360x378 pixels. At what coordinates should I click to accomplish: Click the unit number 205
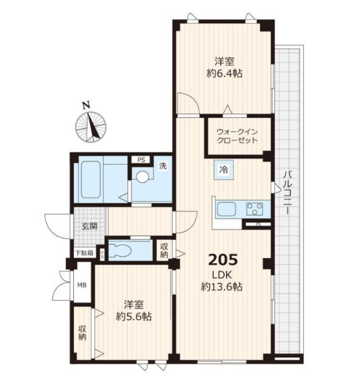coord(223,260)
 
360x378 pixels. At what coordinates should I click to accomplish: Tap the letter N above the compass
coord(86,105)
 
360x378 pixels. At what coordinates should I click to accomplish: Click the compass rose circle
coord(91,127)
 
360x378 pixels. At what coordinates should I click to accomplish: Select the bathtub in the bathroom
coord(91,180)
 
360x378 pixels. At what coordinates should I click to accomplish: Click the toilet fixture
coord(120,250)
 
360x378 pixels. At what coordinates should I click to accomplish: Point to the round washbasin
coord(142,177)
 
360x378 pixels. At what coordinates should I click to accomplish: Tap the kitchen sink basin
coord(227,209)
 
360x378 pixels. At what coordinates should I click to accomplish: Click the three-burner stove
coord(255,209)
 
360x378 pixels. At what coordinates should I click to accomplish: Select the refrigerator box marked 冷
coord(224,170)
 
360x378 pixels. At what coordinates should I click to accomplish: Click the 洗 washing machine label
coord(163,166)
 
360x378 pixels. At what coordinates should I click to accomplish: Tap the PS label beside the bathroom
coord(141,160)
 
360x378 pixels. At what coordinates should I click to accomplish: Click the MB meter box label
coord(82,285)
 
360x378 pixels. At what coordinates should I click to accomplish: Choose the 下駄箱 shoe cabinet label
coord(84,253)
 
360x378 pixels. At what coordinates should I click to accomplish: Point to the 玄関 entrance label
coord(90,226)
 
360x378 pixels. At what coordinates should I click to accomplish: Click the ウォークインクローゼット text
coord(237,136)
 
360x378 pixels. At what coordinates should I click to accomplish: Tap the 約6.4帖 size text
coord(224,73)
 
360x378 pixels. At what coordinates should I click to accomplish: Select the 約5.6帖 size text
coord(133,317)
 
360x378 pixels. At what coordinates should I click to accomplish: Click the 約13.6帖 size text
coord(222,287)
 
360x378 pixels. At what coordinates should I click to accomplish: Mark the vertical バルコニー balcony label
coord(287,192)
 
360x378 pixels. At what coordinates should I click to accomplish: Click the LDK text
coord(222,275)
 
